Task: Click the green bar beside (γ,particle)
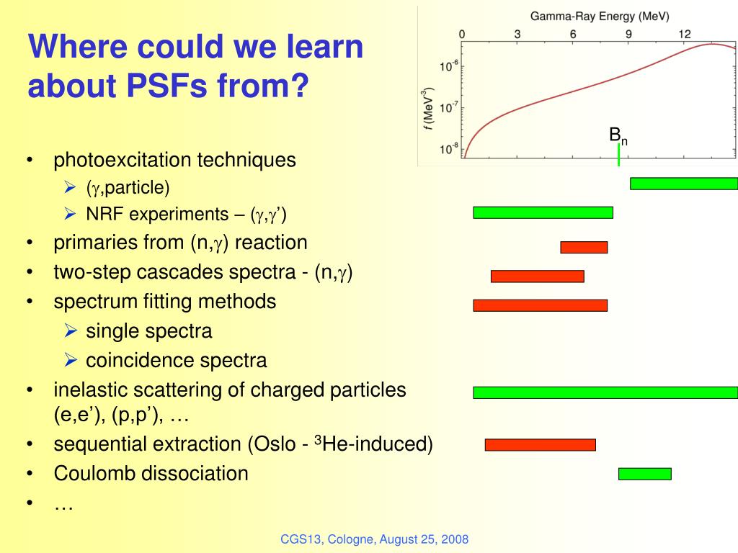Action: point(684,184)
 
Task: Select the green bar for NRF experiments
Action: point(543,212)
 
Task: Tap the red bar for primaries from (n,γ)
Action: point(584,248)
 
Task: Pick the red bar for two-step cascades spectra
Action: point(538,276)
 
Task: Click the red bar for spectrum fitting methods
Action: point(541,305)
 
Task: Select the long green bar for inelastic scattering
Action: point(605,392)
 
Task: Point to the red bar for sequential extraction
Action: point(541,445)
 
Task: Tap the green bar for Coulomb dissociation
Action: point(645,474)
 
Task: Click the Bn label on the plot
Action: point(618,135)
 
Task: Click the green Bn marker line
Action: point(618,155)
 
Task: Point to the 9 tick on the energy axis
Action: point(628,35)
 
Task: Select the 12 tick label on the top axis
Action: point(685,35)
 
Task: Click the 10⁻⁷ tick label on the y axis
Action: point(448,107)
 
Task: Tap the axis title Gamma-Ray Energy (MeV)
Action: point(600,17)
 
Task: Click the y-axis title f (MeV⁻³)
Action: point(427,108)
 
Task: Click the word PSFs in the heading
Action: point(166,86)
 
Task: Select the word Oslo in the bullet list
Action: point(275,444)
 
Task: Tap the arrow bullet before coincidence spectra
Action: point(71,360)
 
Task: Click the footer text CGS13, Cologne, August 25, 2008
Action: point(375,539)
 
